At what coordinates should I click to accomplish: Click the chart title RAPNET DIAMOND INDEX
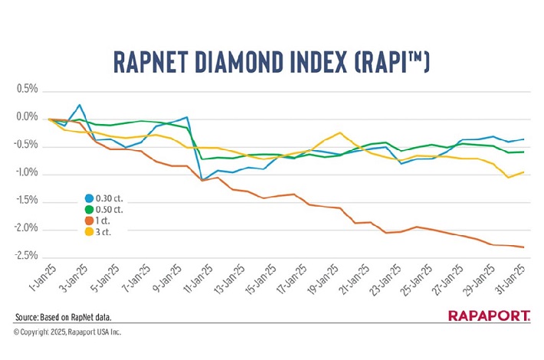point(271,61)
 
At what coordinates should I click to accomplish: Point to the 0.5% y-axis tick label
point(26,90)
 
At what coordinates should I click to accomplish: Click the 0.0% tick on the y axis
point(26,118)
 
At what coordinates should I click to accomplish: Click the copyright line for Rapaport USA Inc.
point(67,332)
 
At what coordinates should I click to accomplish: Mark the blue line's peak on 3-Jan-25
point(79,105)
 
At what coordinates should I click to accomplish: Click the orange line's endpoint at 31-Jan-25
point(523,247)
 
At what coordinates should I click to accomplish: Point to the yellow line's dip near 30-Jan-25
point(507,178)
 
